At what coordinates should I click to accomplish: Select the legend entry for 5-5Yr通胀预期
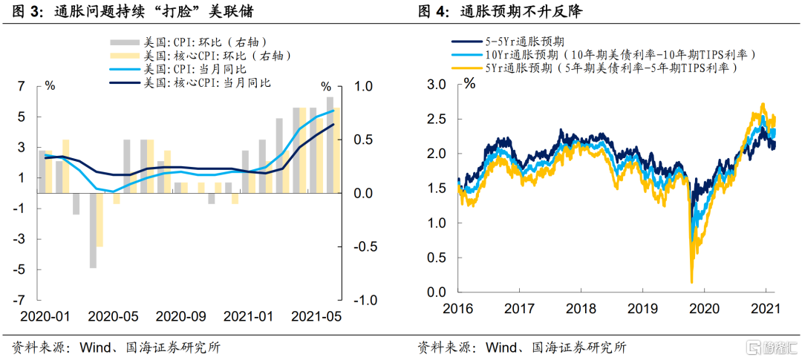(x=512, y=42)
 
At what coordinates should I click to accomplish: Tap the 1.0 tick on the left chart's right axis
(x=363, y=87)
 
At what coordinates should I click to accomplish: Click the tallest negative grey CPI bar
(x=93, y=230)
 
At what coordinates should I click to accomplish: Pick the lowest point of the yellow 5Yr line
(x=692, y=281)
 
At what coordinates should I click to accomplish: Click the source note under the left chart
(x=116, y=347)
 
